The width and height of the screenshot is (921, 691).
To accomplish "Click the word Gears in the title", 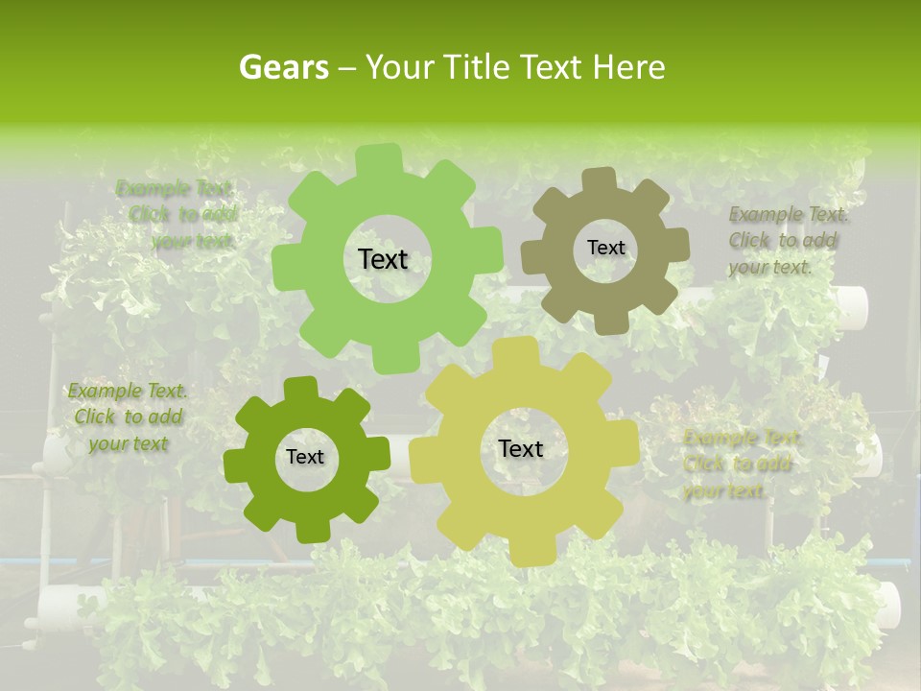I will [283, 67].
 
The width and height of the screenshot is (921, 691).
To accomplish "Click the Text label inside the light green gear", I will [383, 259].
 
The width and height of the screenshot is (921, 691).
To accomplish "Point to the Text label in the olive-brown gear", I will [605, 248].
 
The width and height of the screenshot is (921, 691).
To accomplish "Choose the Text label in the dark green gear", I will [305, 458].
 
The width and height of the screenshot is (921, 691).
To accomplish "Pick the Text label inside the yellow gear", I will [521, 449].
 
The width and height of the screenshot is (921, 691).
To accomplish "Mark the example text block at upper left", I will [178, 214].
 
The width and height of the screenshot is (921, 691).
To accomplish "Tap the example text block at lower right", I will [740, 465].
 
